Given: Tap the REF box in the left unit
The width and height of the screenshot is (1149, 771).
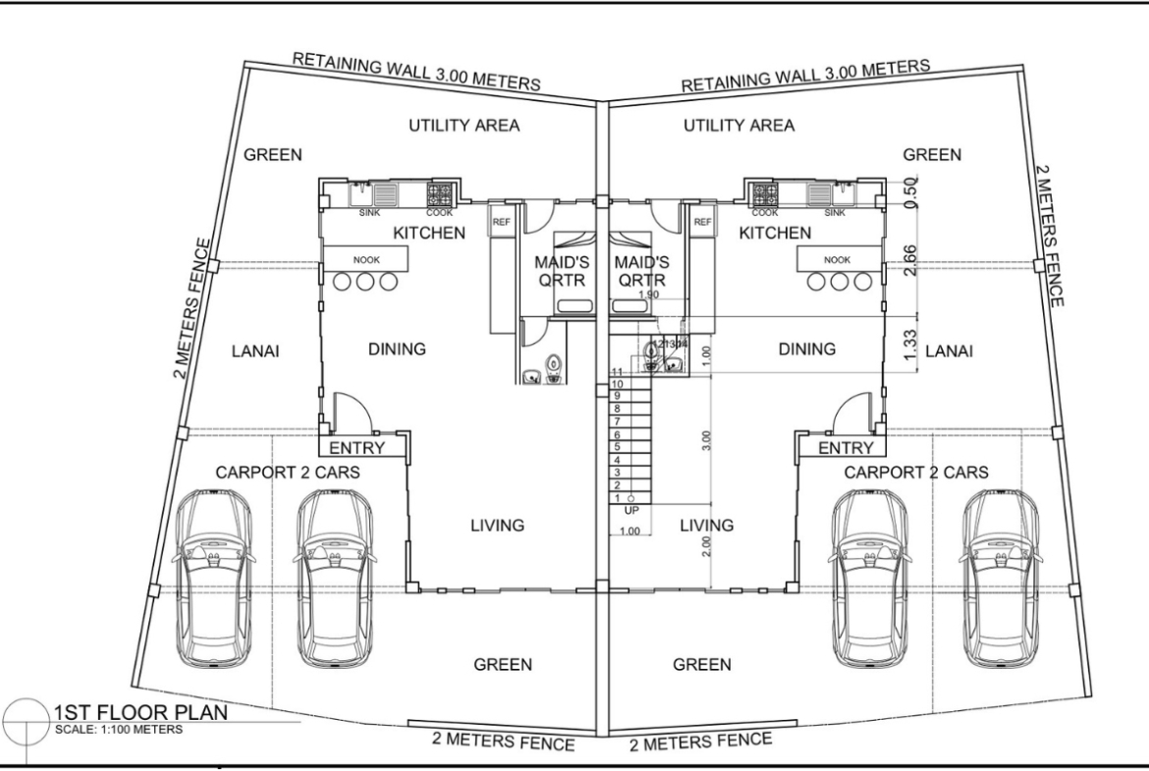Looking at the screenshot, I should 500,221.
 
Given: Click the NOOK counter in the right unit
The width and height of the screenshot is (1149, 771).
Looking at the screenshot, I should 838,259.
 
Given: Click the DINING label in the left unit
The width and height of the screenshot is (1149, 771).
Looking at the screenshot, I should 396,349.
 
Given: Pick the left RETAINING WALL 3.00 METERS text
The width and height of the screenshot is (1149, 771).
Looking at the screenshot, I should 416,73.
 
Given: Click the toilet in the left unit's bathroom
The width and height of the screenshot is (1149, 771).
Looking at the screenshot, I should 553,364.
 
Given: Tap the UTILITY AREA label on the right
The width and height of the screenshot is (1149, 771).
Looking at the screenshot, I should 739,126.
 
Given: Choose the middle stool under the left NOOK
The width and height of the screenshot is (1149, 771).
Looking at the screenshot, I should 365,282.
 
